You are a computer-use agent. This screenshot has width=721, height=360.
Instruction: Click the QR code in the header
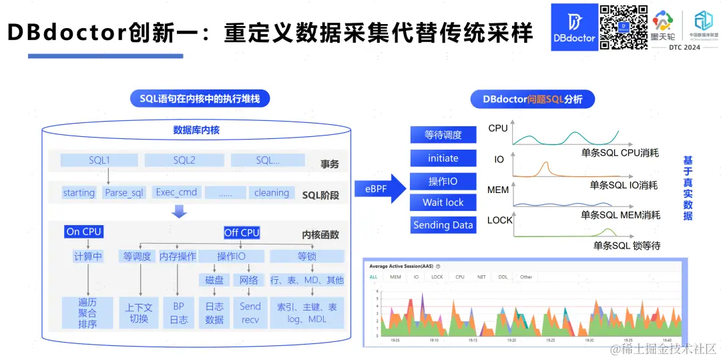point(624,27)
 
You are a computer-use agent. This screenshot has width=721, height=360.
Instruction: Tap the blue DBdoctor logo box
point(573,27)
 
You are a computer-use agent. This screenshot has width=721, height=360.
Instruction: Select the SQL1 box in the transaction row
point(99,160)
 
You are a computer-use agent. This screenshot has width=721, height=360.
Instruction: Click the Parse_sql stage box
point(124,192)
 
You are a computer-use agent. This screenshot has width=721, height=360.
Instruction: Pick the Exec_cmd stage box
point(176,192)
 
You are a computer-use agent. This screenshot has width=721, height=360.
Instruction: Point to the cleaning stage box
point(272,192)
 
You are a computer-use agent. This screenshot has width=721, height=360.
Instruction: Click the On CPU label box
point(83,232)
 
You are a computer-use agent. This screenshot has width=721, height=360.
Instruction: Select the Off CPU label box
point(241,232)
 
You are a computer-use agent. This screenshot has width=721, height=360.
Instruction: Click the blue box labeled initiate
point(443,158)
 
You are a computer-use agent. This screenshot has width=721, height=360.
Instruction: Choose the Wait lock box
point(443,202)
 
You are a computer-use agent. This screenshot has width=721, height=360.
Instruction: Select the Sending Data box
point(443,225)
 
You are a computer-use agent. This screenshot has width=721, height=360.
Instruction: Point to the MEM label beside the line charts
point(498,190)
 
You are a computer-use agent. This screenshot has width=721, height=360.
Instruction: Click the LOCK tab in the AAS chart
point(437,277)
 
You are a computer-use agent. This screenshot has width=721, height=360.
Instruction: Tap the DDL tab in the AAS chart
point(503,277)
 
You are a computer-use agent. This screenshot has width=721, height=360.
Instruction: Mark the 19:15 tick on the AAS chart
point(472,339)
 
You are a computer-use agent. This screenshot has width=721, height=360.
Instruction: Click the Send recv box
point(250,313)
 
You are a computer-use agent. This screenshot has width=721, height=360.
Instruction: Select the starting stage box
point(79,192)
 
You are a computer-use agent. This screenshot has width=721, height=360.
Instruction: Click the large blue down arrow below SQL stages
point(179,212)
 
